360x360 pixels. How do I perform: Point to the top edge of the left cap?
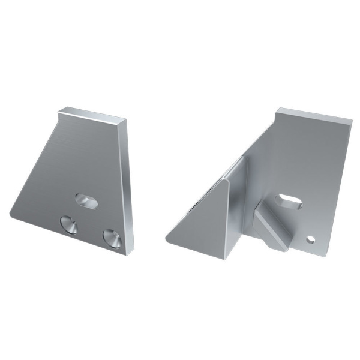tap(92, 112)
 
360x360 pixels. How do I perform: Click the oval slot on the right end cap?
tap(289, 201)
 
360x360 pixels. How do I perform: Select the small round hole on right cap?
tap(310, 239)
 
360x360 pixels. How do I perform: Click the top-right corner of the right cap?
tap(350, 119)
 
